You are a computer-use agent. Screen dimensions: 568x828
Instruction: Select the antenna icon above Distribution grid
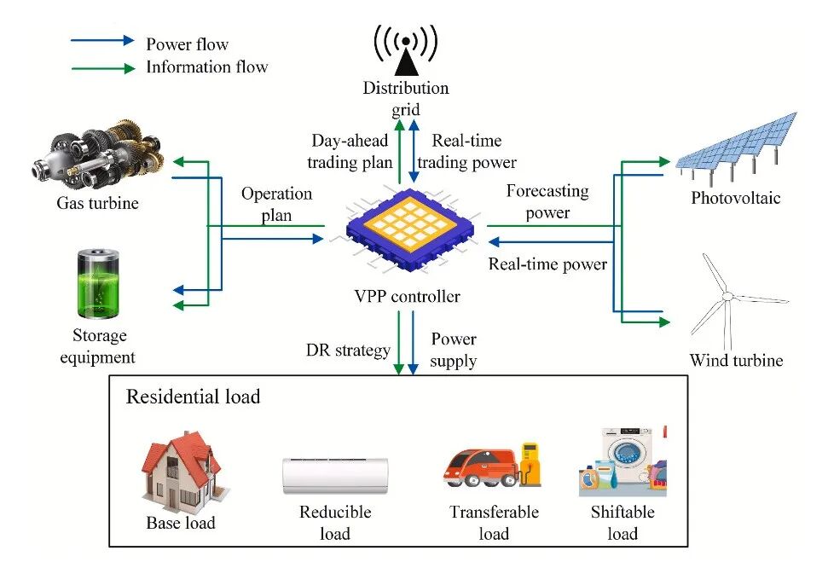407,49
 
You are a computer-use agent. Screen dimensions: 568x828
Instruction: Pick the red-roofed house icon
180,469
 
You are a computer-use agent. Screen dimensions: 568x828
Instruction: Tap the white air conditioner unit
334,475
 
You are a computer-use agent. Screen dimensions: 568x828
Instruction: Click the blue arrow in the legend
103,40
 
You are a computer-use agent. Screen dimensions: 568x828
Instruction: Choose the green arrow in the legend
103,67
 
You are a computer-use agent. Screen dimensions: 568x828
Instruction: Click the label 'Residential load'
193,397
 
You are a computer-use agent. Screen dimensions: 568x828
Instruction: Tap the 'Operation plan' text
277,205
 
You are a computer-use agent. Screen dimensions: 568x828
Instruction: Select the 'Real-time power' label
547,264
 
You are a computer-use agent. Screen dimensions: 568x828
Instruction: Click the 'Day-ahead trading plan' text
350,151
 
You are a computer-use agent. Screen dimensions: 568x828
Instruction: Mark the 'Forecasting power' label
547,201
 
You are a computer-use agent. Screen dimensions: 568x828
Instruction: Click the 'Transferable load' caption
494,523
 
